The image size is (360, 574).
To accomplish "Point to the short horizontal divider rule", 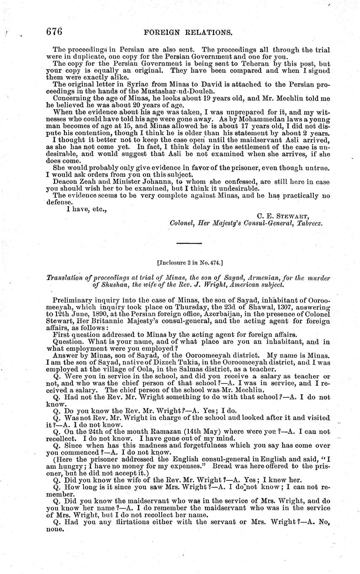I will coord(189,242).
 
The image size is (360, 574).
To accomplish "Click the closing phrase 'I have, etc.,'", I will coord(87,209).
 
